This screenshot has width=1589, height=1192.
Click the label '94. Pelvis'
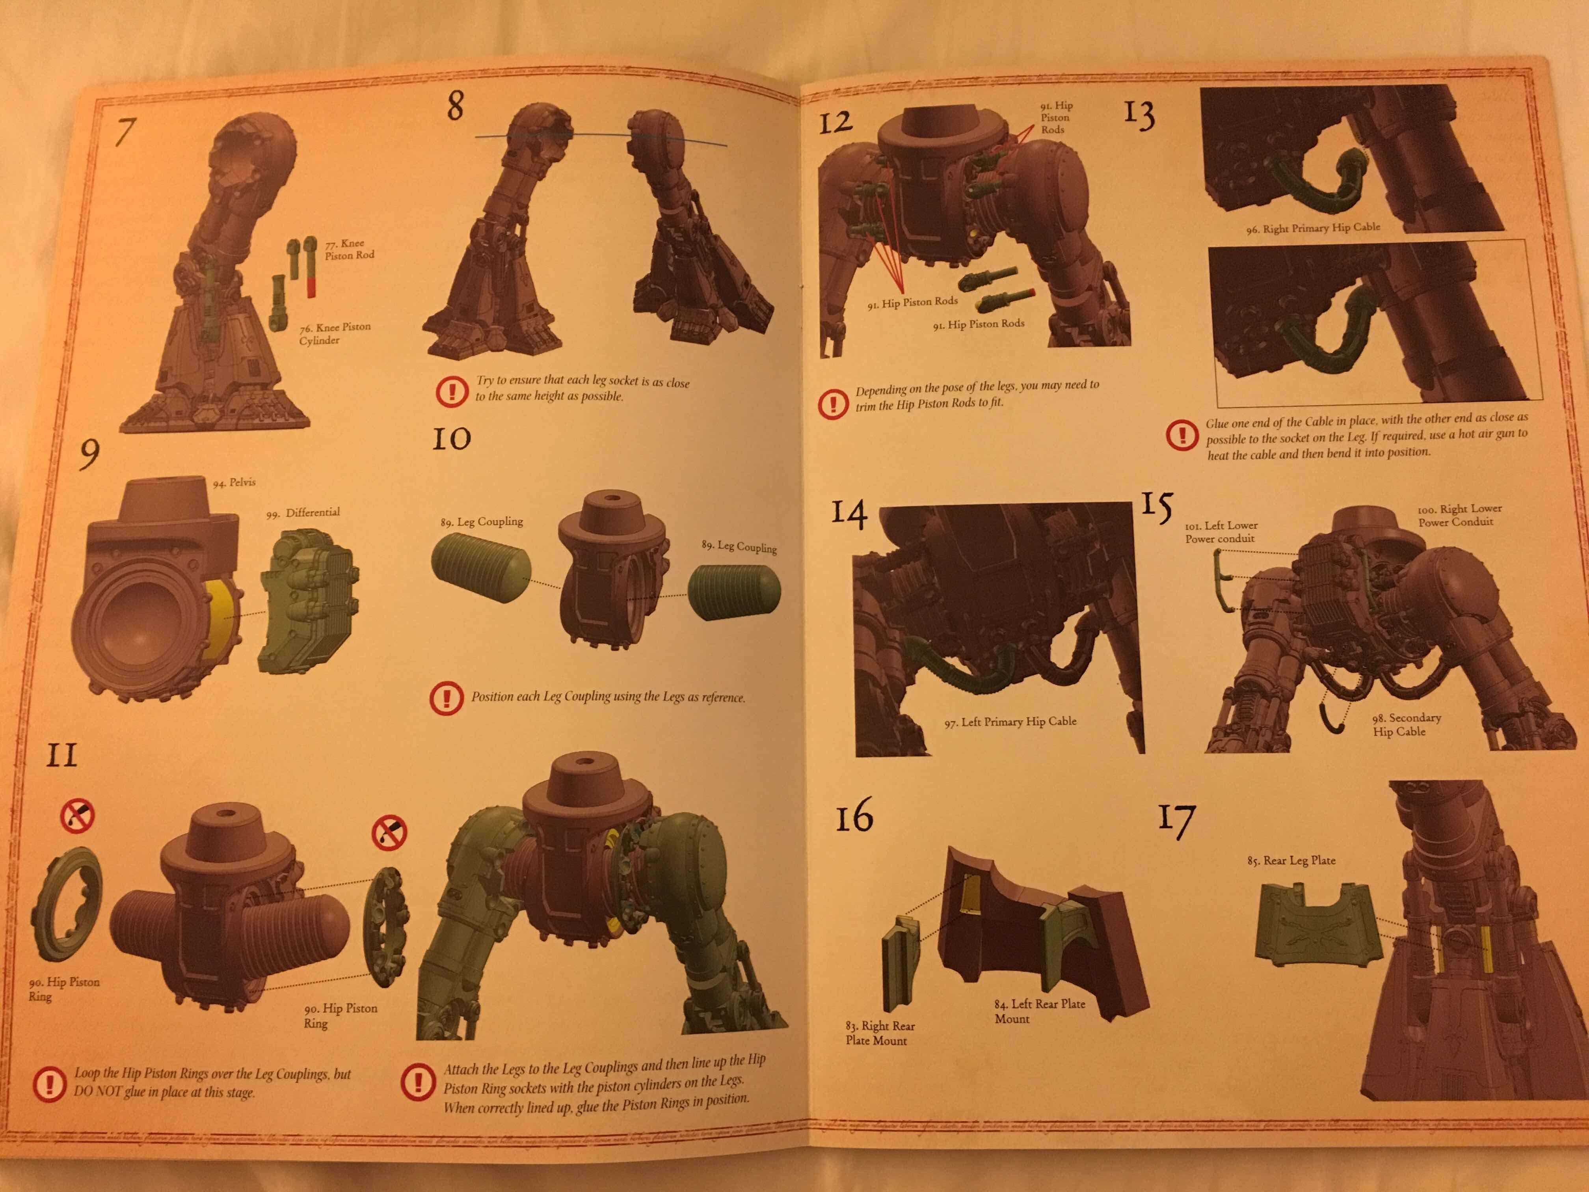point(234,482)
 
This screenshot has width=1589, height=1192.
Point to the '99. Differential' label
point(302,512)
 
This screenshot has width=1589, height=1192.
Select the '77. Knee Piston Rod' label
point(349,249)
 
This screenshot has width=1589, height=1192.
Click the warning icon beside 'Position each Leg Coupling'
point(446,698)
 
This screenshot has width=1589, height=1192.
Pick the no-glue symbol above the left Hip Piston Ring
point(78,816)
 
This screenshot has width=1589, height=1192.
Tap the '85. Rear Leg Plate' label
point(1291,860)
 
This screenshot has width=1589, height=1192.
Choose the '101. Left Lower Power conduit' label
point(1221,532)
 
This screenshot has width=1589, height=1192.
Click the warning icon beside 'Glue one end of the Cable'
point(1182,435)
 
